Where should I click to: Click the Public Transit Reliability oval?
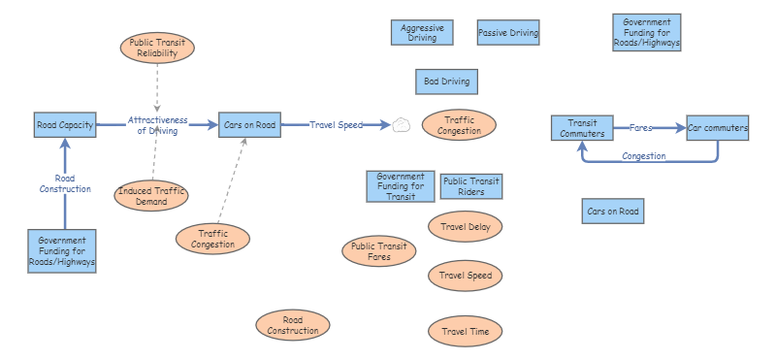(x=157, y=49)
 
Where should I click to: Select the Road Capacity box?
(x=65, y=125)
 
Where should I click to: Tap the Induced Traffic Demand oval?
(x=150, y=196)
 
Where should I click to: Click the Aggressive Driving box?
(x=422, y=34)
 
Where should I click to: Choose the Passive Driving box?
(x=508, y=34)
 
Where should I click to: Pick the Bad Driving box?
(x=447, y=82)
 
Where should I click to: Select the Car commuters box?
(x=718, y=128)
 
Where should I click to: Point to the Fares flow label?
(x=640, y=127)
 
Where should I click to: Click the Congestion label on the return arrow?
(x=644, y=156)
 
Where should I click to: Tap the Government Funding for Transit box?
(x=401, y=186)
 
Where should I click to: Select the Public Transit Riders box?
(x=470, y=186)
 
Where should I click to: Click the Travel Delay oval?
(x=466, y=227)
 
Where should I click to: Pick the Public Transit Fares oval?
(x=379, y=252)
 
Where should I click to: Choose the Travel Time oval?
(x=466, y=332)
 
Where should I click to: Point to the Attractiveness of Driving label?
(x=157, y=125)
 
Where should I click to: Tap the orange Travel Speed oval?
(x=466, y=276)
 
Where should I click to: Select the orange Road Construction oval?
(x=293, y=326)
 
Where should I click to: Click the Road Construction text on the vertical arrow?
(x=65, y=183)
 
